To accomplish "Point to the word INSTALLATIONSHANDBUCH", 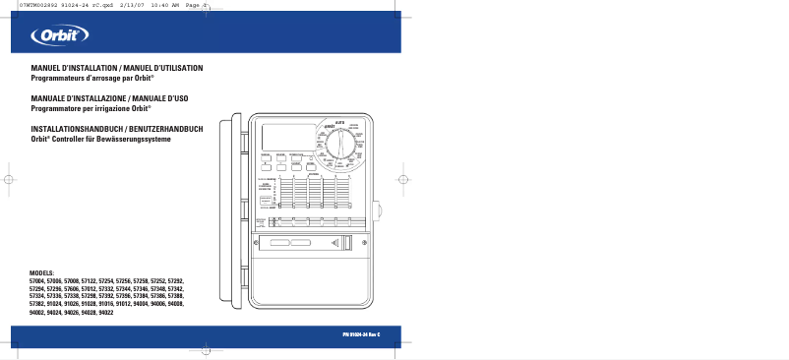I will [x=74, y=130].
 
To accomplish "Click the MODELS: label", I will [x=42, y=272].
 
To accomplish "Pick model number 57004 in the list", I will [x=38, y=281].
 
